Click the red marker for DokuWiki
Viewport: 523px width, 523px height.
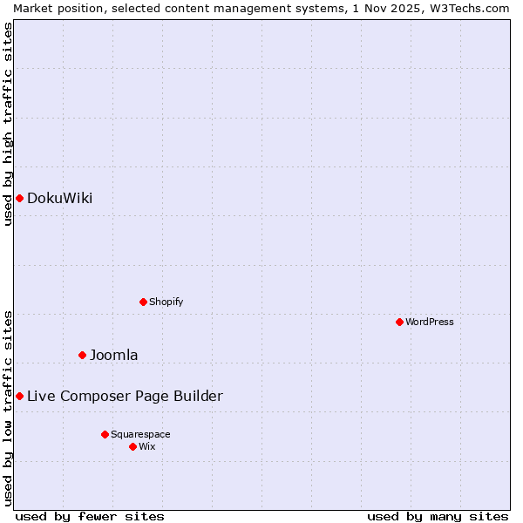tap(19, 198)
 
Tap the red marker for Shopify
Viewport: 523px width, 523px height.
tap(143, 302)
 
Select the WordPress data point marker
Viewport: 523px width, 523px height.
tap(399, 322)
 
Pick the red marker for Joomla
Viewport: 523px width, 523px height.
tap(83, 355)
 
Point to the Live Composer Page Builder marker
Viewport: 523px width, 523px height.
tap(19, 396)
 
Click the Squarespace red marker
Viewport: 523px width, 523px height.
tap(105, 434)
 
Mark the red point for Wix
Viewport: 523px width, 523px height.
tap(132, 446)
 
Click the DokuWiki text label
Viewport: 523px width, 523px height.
tap(59, 198)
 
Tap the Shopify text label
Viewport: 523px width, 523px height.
tap(166, 302)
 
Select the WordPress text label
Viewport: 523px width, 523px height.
tap(429, 322)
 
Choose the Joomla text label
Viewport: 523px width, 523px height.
tap(113, 355)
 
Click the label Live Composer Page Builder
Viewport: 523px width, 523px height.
tap(125, 396)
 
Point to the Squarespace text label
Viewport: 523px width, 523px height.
tap(140, 434)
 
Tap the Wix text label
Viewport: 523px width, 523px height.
tap(146, 446)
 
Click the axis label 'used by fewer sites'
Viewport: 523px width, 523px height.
tap(90, 516)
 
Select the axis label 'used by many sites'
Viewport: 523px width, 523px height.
tap(438, 516)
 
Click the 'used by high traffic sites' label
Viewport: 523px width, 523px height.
tap(8, 124)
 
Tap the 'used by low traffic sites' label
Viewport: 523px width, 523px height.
tap(8, 408)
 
